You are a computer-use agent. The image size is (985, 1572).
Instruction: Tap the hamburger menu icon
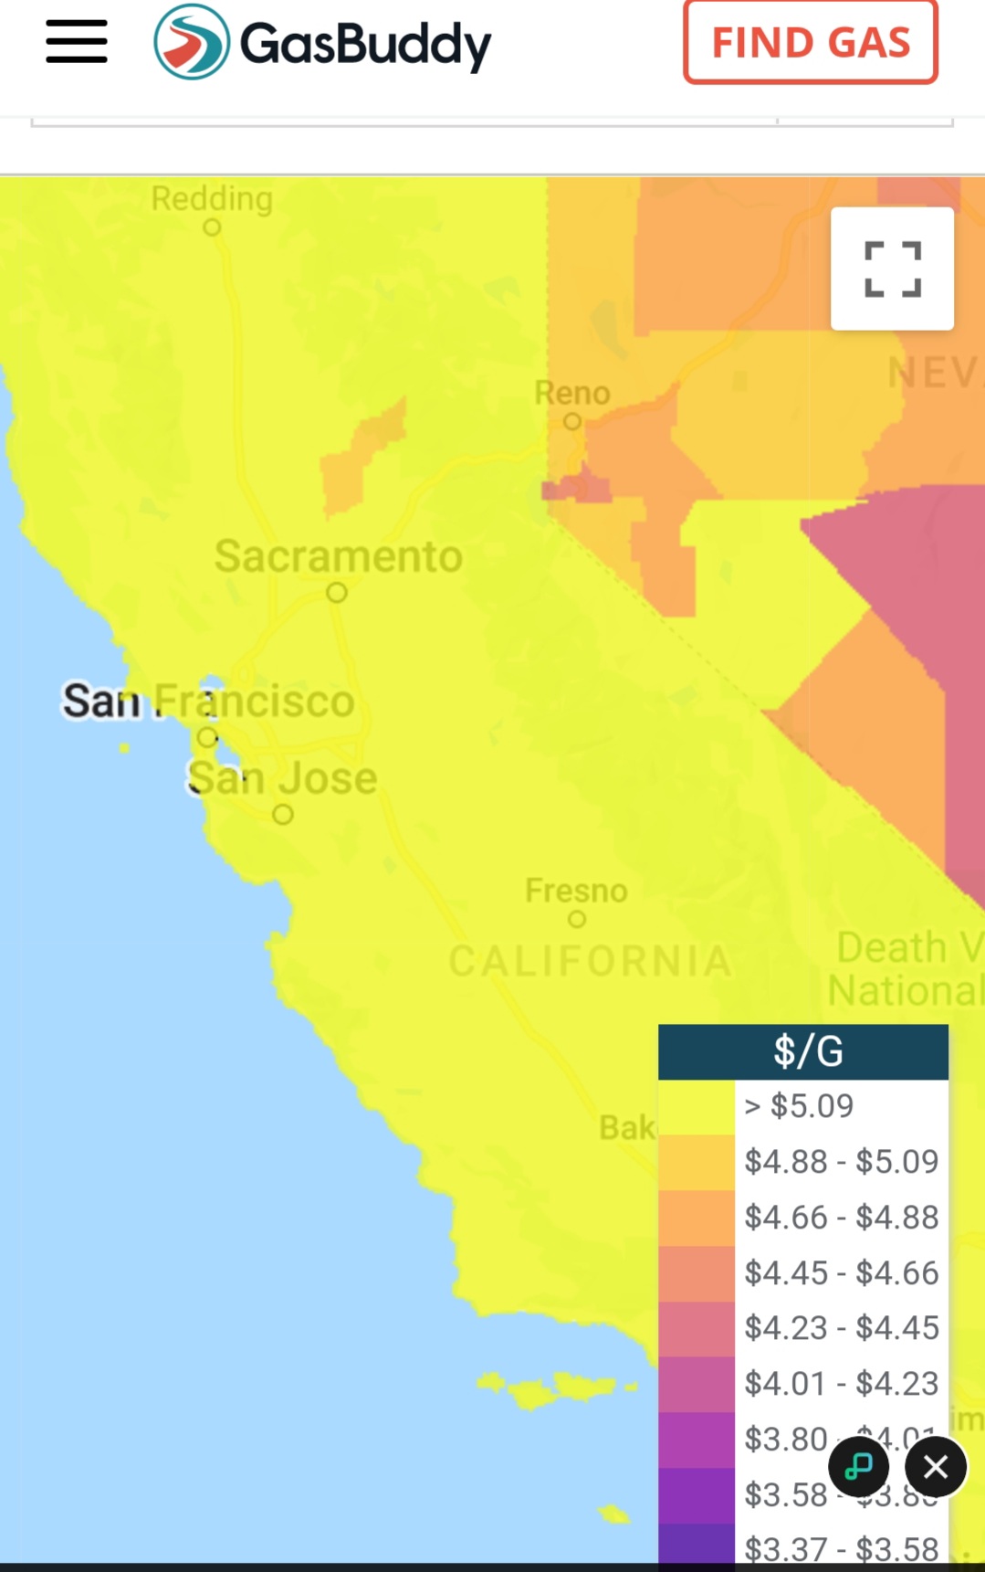click(77, 42)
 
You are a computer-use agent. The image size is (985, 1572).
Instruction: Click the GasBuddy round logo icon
click(192, 42)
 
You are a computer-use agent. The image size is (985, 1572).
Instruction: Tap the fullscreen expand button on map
click(892, 269)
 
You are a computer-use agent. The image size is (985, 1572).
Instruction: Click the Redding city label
click(212, 198)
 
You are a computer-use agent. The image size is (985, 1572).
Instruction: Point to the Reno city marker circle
click(572, 421)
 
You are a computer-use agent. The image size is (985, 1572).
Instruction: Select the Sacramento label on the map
click(339, 556)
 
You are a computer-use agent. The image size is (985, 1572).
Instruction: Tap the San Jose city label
click(282, 778)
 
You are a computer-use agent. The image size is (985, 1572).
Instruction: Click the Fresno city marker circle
click(577, 919)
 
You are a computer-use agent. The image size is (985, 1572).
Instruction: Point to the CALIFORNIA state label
click(591, 961)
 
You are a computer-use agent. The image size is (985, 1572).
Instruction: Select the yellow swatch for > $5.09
click(697, 1107)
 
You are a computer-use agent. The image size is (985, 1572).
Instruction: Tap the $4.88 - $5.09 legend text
click(841, 1162)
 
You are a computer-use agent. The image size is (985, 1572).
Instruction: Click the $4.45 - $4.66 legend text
click(841, 1273)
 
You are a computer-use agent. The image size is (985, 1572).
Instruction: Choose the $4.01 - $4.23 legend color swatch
click(697, 1384)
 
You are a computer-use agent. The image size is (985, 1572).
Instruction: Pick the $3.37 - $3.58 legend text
click(841, 1549)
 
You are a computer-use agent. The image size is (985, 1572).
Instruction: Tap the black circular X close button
click(936, 1467)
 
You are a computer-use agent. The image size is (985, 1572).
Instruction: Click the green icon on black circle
click(858, 1467)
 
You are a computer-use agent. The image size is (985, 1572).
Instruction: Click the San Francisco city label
click(208, 702)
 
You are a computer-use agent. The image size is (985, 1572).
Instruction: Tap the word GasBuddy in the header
click(365, 44)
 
